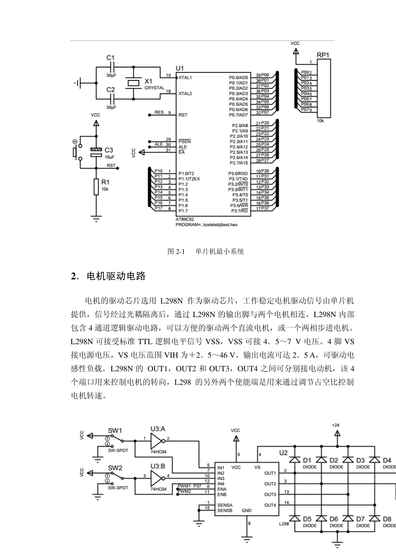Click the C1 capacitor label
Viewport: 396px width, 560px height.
pos(110,58)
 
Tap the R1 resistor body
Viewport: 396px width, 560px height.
pos(96,187)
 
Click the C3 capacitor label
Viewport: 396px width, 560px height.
pos(108,150)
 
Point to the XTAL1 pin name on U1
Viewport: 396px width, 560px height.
pos(185,77)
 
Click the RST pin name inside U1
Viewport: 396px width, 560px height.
pos(183,115)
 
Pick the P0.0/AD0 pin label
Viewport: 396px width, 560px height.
pos(238,77)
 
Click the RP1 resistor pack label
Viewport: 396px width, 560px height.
pos(323,55)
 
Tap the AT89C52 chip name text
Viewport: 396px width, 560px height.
pos(185,219)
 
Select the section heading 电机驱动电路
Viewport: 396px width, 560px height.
pos(116,276)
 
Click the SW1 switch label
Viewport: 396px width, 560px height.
pos(115,430)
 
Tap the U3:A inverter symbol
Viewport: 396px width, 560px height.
pos(157,440)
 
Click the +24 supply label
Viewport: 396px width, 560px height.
pos(336,425)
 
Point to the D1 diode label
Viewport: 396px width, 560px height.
pos(307,460)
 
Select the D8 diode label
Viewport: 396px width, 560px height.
pos(387,519)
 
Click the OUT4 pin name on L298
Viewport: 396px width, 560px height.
pos(270,505)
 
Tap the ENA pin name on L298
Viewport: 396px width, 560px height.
pos(222,489)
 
